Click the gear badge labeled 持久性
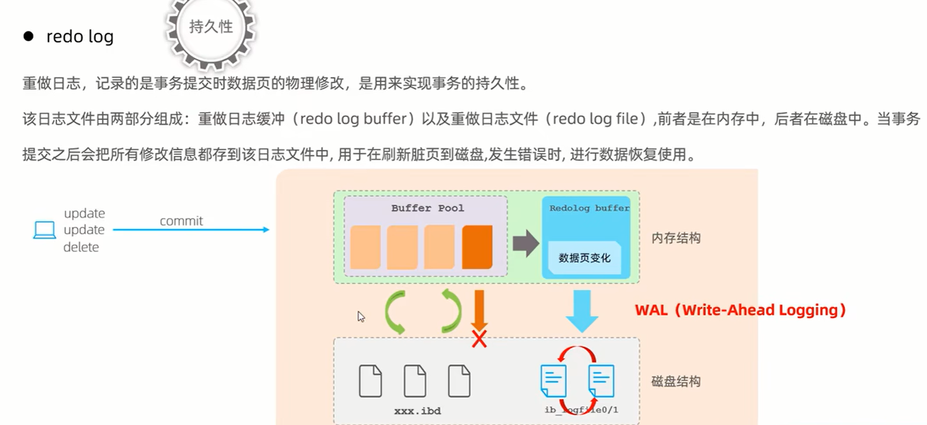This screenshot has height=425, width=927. pos(211,28)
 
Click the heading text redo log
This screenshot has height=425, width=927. pos(80,37)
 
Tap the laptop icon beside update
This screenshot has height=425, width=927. pos(44,230)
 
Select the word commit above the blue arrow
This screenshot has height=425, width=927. pos(181,221)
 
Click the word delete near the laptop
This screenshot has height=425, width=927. pos(81,247)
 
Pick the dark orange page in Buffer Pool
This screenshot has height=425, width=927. pos(477,247)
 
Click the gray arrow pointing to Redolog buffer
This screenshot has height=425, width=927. pos(526,243)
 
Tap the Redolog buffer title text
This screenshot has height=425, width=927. pos(589,208)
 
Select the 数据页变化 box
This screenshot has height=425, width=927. pos(584,258)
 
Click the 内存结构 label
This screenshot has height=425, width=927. pos(676,238)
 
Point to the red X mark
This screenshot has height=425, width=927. pos(479,339)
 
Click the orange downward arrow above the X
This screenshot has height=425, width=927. pos(479,309)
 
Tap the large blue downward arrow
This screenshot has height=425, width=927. pos(582,310)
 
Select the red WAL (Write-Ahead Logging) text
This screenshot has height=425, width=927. pos(740,310)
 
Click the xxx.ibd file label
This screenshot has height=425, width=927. pos(417,411)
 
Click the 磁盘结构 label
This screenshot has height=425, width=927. pos(676,382)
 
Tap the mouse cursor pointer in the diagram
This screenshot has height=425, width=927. pos(361,316)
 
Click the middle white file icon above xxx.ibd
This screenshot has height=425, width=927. pos(415,381)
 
